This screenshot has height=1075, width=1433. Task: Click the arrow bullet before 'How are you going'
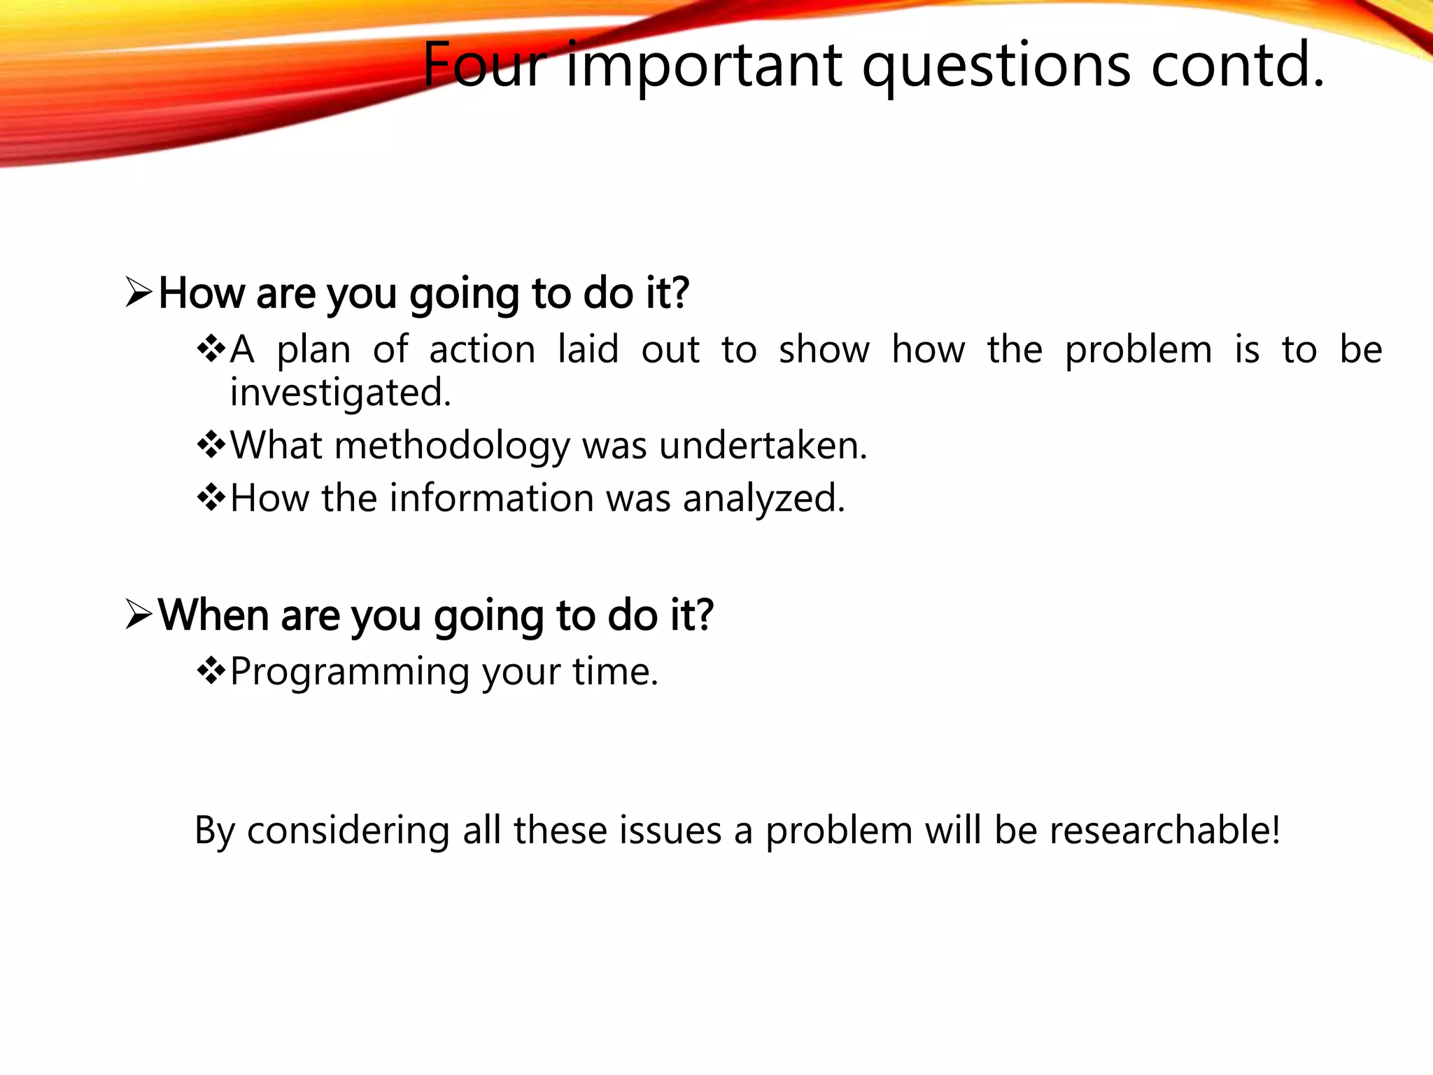(139, 292)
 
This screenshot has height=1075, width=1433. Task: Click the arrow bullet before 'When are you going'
(139, 614)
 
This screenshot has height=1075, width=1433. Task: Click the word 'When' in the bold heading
(213, 614)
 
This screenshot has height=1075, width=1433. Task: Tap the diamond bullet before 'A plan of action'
(211, 349)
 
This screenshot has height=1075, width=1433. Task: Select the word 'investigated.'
(341, 392)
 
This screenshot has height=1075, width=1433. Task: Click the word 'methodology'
(452, 446)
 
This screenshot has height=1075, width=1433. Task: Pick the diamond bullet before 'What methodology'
(211, 445)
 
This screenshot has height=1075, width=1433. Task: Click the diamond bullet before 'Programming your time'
(211, 672)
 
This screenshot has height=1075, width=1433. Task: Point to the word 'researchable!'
(1164, 830)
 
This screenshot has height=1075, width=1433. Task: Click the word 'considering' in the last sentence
(348, 831)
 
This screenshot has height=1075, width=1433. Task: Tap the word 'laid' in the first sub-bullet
(588, 349)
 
